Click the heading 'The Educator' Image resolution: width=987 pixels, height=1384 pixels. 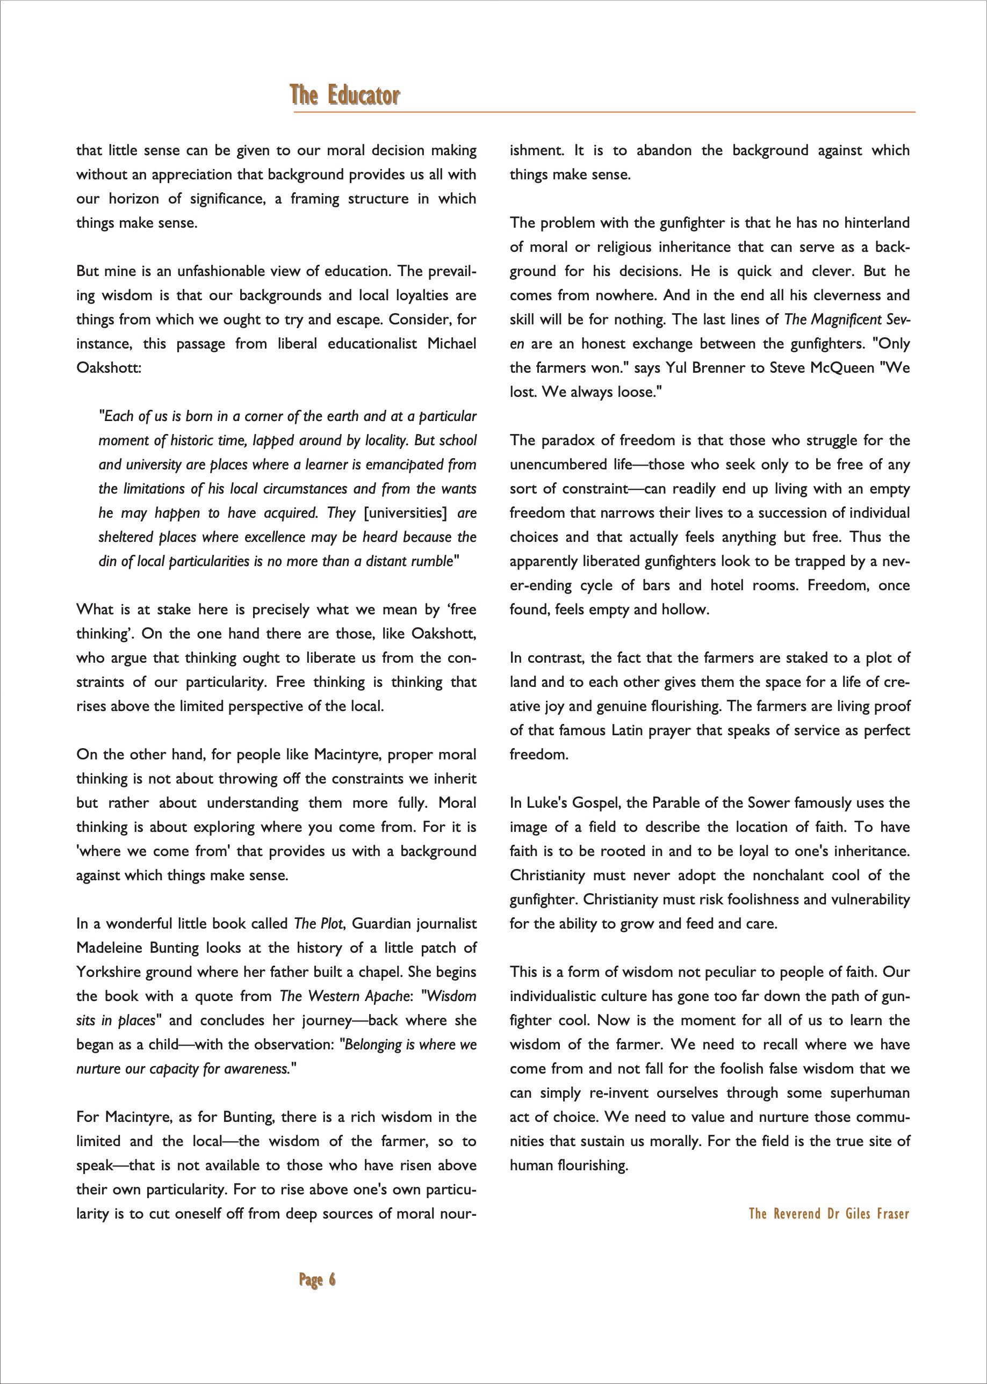coord(344,96)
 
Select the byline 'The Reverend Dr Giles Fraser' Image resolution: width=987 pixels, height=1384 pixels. coord(828,1213)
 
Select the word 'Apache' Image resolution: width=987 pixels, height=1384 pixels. coord(388,996)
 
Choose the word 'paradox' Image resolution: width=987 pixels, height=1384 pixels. coord(566,440)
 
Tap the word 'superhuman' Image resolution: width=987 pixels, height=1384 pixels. coord(870,1093)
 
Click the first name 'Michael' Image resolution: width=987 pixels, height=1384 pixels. coord(451,344)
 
